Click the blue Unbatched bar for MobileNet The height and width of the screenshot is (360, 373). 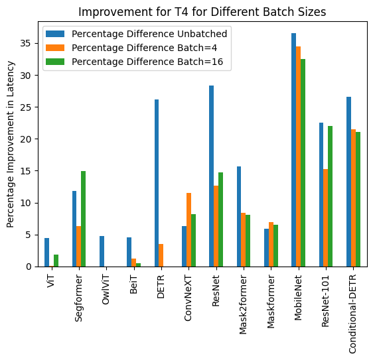coord(293,150)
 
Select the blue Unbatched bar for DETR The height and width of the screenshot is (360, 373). coord(157,183)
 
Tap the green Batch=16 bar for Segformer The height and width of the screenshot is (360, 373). coord(83,219)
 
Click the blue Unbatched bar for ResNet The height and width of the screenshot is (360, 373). coord(211,176)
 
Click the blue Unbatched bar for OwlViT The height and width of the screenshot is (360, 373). coord(102,251)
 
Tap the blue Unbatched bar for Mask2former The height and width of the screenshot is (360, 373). coord(239,216)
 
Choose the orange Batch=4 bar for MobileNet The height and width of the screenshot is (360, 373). coord(298,156)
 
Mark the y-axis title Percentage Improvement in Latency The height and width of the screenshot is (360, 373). coord(11,144)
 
